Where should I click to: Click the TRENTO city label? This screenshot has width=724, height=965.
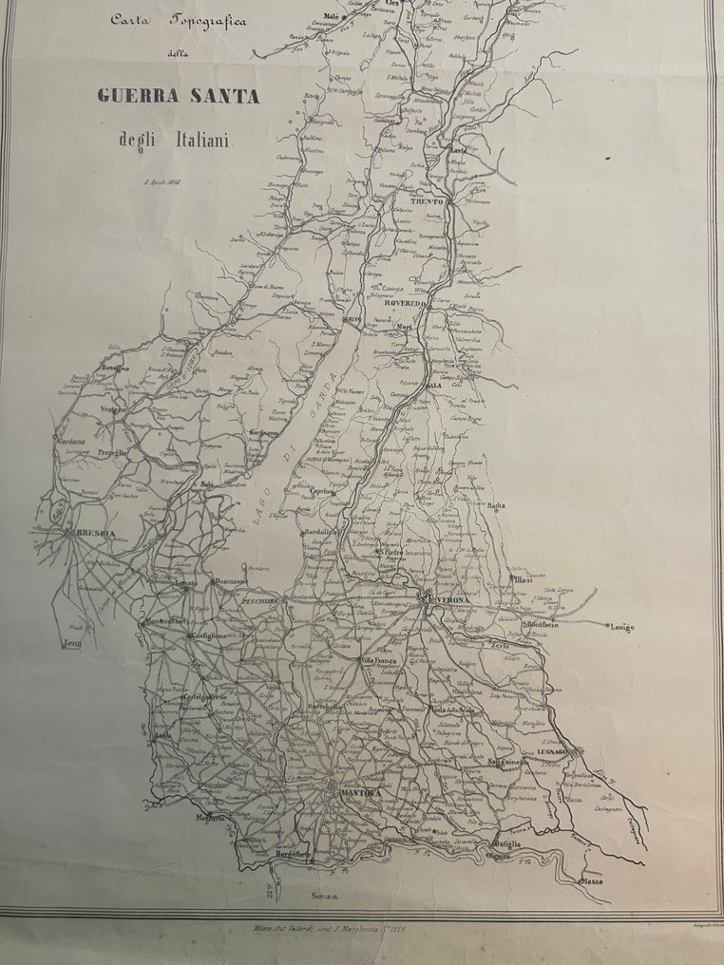[x=429, y=202]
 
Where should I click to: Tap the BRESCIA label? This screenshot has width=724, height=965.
[x=96, y=534]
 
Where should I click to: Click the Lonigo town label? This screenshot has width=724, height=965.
[x=621, y=627]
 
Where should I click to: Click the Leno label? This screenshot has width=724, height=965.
[x=73, y=643]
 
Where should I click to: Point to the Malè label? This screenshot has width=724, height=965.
[x=332, y=17]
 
